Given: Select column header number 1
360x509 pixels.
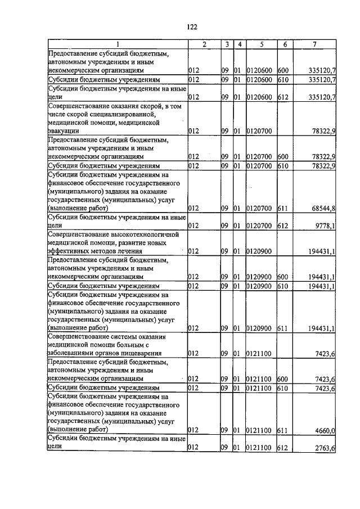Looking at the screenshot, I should (x=117, y=44).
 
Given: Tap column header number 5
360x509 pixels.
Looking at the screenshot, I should (x=261, y=44).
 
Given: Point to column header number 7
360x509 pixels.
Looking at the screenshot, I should (x=317, y=44).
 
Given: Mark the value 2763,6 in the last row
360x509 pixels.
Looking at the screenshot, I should (x=324, y=448).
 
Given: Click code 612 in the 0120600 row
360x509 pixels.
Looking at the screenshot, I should (x=283, y=97).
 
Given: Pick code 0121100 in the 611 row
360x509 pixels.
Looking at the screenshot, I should (x=259, y=430).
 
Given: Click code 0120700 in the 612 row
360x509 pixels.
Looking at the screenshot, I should (x=259, y=226).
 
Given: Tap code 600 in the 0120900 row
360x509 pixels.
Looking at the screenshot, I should (x=283, y=277).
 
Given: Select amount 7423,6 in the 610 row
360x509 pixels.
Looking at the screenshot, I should (x=324, y=388).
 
